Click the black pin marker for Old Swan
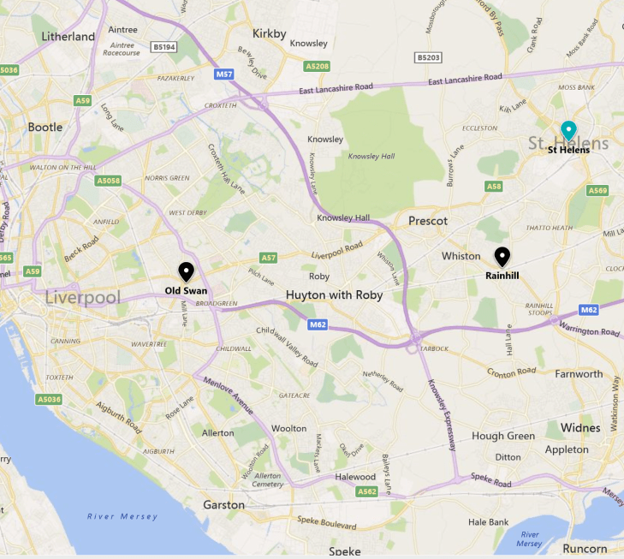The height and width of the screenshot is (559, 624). point(186,271)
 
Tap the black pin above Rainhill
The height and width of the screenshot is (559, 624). point(502,256)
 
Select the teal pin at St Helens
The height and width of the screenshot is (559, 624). point(568,130)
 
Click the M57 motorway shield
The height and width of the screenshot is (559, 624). point(224,74)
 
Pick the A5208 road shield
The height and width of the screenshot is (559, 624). point(317,65)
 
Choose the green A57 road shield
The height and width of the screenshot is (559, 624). point(269,258)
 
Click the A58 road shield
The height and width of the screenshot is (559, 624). point(494,186)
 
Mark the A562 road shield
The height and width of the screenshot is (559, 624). point(367,491)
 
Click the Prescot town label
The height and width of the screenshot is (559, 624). point(428,221)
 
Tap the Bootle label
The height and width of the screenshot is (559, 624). point(45,127)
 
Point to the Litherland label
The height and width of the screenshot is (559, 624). point(68,37)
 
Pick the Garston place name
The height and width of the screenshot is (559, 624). point(223,505)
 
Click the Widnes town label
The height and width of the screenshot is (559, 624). point(579,427)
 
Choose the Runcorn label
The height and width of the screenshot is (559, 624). point(585,549)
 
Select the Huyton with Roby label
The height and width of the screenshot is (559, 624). point(334,295)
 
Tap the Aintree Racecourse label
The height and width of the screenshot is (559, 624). point(122,47)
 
